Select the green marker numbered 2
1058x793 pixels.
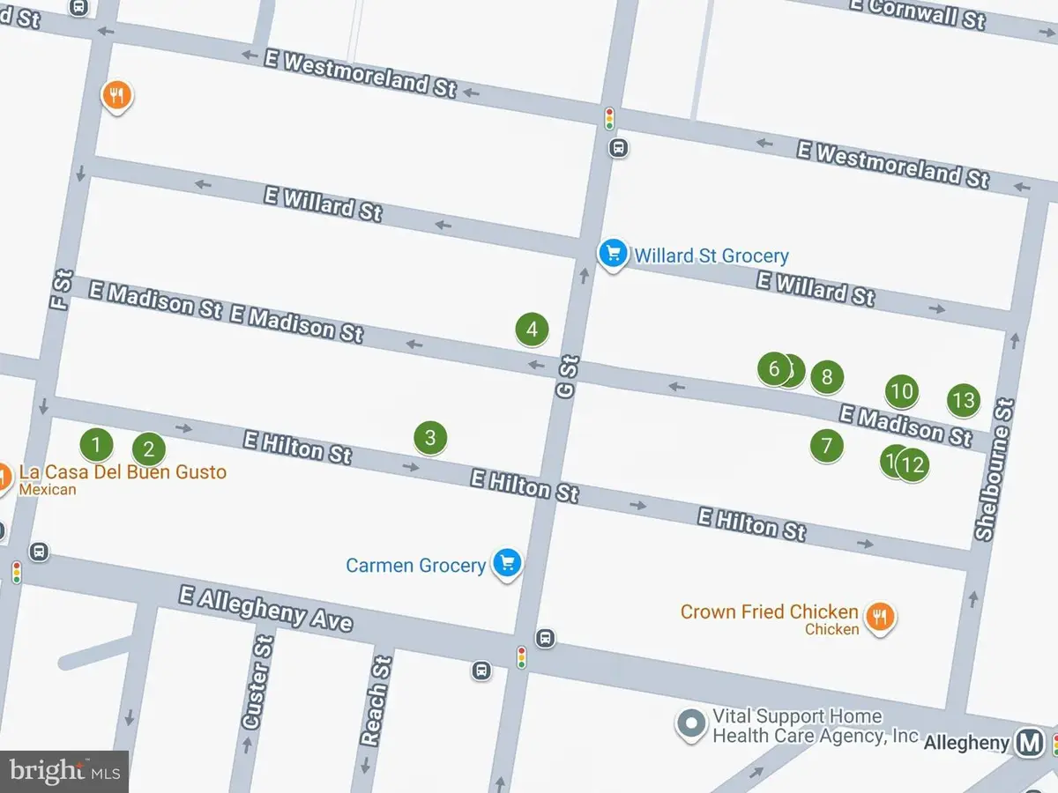point(149,449)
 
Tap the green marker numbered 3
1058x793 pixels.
point(430,437)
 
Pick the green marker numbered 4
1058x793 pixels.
point(532,330)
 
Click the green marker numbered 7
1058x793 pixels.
point(826,445)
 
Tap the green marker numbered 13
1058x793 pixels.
point(964,401)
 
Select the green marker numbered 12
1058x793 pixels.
point(913,463)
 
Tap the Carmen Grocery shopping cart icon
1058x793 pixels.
point(507,562)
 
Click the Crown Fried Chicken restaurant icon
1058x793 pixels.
point(879,617)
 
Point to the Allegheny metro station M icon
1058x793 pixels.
point(1028,742)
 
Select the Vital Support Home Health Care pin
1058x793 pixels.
point(691,725)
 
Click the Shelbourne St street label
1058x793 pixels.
point(995,470)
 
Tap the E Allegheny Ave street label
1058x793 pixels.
point(265,608)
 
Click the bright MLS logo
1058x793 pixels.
point(63,771)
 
